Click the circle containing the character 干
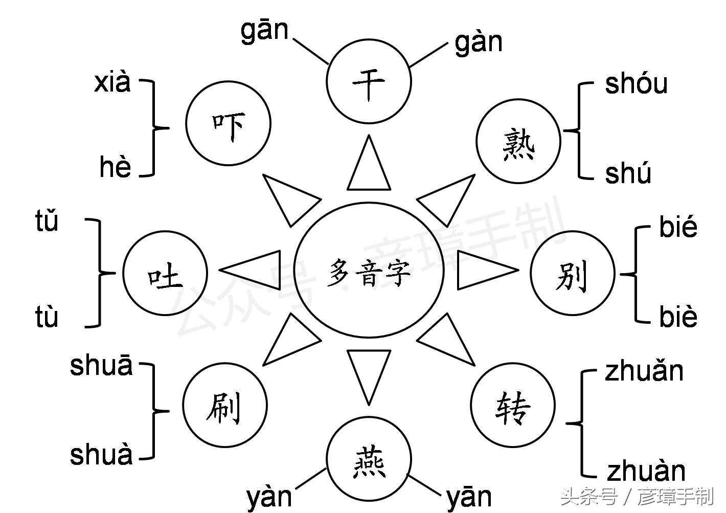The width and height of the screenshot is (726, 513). coord(369,81)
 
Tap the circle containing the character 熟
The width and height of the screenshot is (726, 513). coord(518,141)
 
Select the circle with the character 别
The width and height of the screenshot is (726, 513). coord(572,274)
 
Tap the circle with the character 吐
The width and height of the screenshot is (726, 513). coord(165,274)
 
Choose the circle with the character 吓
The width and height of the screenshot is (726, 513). coord(228,123)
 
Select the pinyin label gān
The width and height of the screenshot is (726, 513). coord(264,31)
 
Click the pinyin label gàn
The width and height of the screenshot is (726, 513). coord(479,42)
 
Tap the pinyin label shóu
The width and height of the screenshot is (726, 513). coord(636,84)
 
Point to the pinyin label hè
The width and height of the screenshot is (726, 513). coord(116,167)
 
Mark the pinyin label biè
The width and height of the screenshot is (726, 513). coord(678,316)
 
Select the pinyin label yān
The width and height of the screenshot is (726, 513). coord(469,497)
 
